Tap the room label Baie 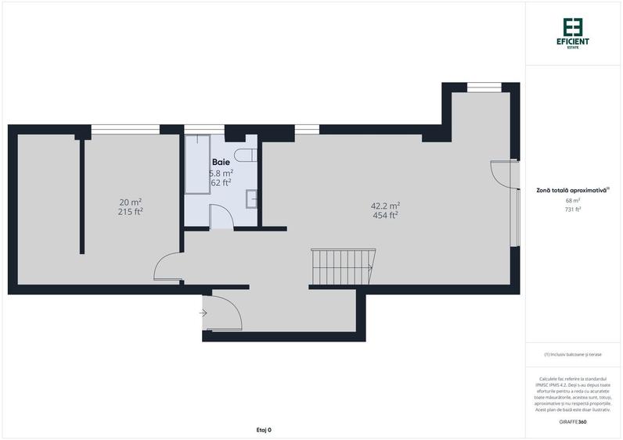[x=220, y=162]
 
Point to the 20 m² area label [x=130, y=202]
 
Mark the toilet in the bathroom [x=244, y=153]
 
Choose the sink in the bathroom [x=251, y=199]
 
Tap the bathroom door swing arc [x=221, y=216]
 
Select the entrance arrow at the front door [x=203, y=313]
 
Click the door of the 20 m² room [x=167, y=270]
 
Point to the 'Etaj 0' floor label [x=264, y=429]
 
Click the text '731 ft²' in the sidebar [x=574, y=209]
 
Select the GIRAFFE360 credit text [x=573, y=421]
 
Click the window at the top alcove [x=484, y=85]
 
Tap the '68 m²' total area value [x=574, y=201]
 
